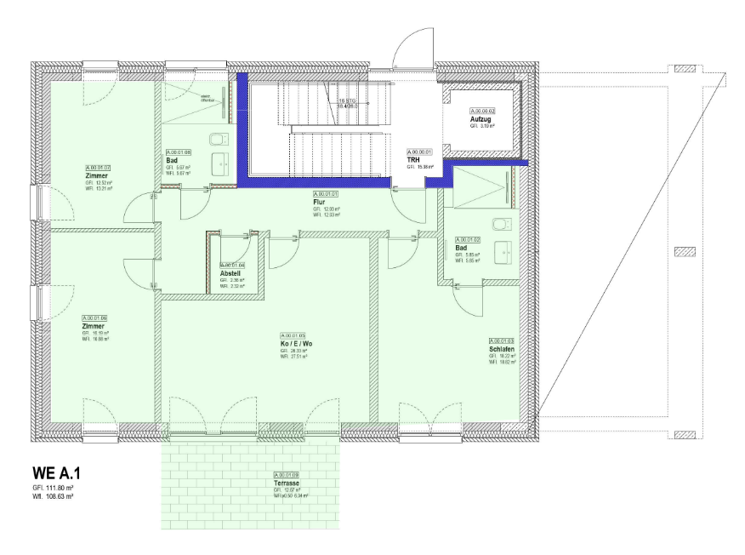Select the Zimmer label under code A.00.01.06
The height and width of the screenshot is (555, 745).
(94, 325)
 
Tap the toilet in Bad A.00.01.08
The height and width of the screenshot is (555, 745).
(219, 139)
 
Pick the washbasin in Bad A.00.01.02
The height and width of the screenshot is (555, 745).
(510, 252)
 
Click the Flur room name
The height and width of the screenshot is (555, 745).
(320, 202)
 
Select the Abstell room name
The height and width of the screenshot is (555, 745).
(231, 273)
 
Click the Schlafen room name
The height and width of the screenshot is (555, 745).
(501, 349)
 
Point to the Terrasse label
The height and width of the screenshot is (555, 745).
(287, 483)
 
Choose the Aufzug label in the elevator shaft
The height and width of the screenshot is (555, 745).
(481, 119)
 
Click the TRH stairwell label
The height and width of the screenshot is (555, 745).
(414, 159)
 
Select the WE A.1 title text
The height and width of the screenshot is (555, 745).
(57, 471)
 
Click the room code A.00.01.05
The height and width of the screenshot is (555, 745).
(292, 335)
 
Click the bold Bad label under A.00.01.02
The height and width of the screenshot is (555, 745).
(461, 248)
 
